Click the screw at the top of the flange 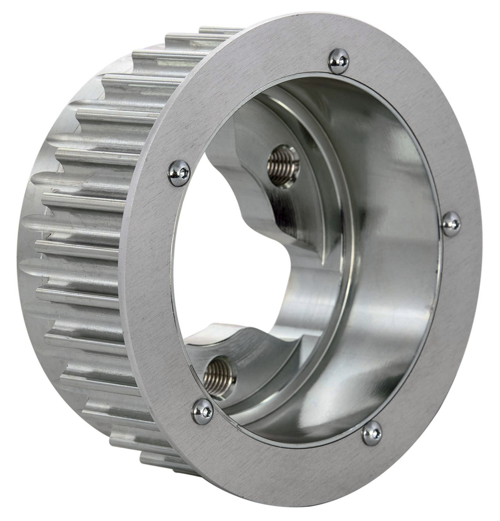[x=338, y=61]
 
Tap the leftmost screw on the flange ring [x=179, y=173]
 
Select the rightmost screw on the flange [x=451, y=224]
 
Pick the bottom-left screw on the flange [x=202, y=411]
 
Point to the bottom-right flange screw [x=371, y=433]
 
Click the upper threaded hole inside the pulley [x=283, y=166]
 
